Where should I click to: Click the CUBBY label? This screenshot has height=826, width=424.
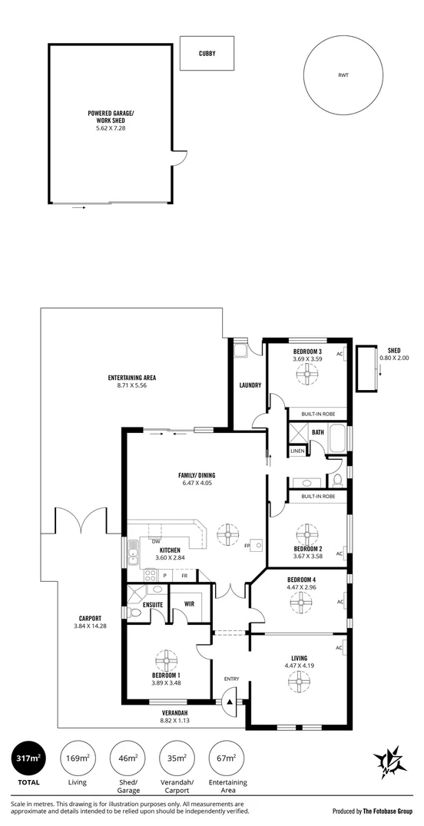[207, 53]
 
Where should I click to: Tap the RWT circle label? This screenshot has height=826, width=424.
[343, 75]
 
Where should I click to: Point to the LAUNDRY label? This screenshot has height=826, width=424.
[250, 385]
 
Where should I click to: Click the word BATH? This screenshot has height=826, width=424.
[318, 432]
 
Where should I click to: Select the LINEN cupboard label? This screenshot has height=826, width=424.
[296, 451]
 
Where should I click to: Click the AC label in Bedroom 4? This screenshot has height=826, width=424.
[340, 602]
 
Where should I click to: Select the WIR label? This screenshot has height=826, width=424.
[189, 603]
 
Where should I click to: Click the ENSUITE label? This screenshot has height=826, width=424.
[153, 605]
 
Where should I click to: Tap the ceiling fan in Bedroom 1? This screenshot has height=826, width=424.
[167, 660]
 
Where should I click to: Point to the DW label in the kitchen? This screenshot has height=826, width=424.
[156, 541]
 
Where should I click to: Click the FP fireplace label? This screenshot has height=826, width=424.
[247, 547]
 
